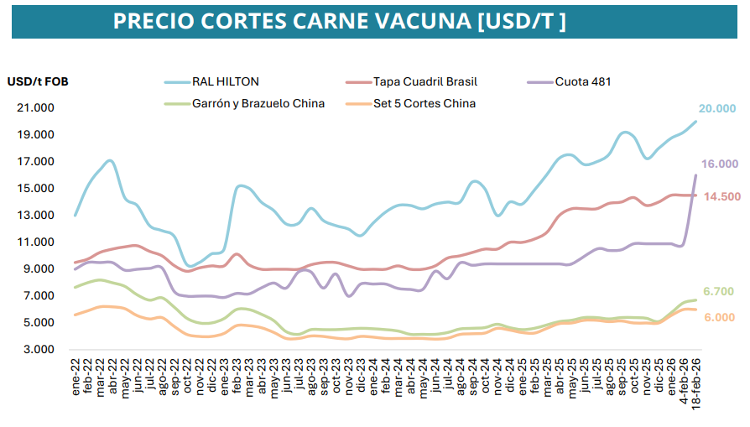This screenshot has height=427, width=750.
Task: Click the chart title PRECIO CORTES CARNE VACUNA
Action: pos(339,21)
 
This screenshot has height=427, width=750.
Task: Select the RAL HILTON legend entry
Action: pos(225,81)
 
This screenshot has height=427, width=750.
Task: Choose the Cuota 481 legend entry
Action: pos(582,81)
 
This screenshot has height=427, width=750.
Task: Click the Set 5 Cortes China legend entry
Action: pos(424,103)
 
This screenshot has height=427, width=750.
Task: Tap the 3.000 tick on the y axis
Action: pos(39,350)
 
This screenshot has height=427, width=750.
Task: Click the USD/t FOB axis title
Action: pos(38,81)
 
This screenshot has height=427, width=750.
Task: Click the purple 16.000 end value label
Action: pos(720,164)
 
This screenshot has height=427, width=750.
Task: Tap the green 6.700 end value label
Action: pos(718,291)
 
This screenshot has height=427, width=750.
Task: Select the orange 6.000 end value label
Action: pos(718,317)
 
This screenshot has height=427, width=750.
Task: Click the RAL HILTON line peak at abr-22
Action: pos(111,160)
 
